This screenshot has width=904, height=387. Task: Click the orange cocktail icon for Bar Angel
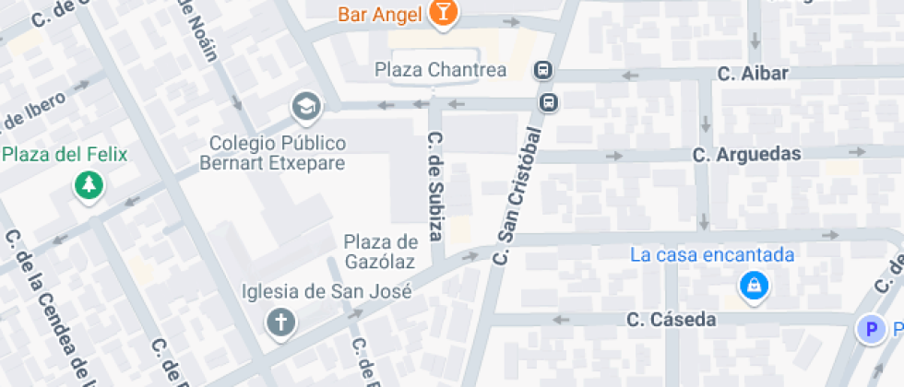(x=444, y=13)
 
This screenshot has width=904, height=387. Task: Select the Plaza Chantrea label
(x=440, y=70)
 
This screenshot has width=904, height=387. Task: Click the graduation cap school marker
(x=304, y=108)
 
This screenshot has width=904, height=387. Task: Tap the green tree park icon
(x=89, y=187)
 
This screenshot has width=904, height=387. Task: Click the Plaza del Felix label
(x=65, y=154)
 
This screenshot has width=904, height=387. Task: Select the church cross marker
(x=280, y=322)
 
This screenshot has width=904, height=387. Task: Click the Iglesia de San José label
(x=327, y=292)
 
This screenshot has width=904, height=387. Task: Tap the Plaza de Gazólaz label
(x=379, y=252)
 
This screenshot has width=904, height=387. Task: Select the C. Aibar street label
(x=753, y=74)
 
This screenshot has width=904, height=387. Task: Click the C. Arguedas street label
(x=747, y=154)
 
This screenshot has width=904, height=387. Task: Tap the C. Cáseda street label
(x=671, y=320)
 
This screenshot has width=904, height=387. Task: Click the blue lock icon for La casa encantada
(x=755, y=287)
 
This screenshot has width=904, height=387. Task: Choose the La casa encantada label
(x=712, y=254)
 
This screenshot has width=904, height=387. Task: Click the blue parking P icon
(x=868, y=329)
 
